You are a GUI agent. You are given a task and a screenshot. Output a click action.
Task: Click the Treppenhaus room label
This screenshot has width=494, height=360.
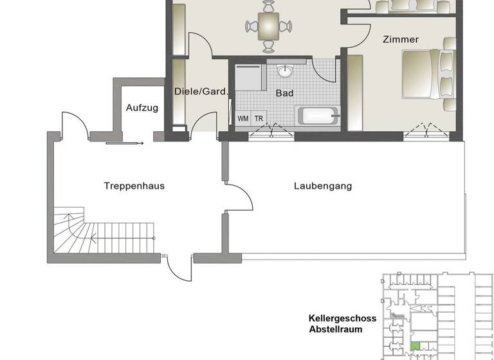(134, 186)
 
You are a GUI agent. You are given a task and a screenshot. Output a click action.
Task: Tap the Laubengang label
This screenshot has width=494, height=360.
(323, 186)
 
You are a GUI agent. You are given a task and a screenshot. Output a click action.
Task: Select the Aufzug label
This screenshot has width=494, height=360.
(142, 107)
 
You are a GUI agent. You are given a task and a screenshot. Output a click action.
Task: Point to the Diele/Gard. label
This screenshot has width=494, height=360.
(201, 91)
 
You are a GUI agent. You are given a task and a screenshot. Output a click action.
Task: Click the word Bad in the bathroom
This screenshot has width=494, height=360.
(284, 93)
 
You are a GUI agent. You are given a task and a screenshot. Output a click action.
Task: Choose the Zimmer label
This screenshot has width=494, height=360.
(400, 39)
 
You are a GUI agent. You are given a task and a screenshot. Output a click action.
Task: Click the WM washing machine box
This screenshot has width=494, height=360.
(243, 118)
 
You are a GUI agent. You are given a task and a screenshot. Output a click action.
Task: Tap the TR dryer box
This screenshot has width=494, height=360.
(259, 118)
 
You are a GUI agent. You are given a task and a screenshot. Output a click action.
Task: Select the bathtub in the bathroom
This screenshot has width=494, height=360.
(316, 117)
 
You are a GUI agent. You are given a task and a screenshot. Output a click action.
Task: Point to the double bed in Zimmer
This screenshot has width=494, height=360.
(430, 73)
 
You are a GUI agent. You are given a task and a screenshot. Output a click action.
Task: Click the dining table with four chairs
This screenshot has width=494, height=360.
(268, 26)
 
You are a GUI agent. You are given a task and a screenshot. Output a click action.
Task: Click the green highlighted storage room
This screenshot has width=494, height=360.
(415, 346)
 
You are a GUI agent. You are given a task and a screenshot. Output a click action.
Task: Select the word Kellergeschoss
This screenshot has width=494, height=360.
(342, 318)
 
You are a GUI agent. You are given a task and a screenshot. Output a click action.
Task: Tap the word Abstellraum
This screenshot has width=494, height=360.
(335, 329)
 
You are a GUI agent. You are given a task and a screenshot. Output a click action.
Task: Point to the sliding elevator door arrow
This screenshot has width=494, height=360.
(125, 143)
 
